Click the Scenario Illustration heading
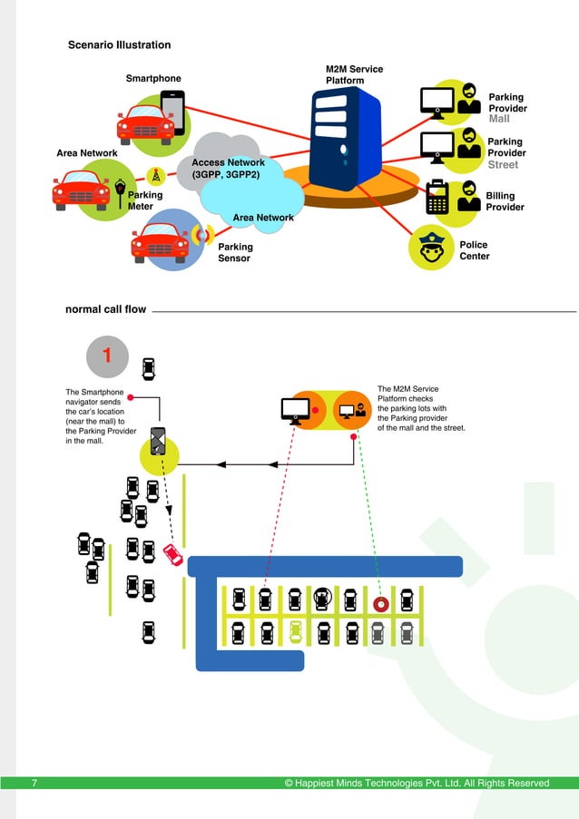(x=119, y=44)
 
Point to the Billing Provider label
(x=505, y=201)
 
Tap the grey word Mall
(x=499, y=119)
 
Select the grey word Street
(x=503, y=165)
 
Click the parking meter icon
(x=120, y=191)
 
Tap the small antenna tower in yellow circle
(x=156, y=175)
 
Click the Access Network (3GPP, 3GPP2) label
(x=227, y=169)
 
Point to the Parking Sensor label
(x=235, y=252)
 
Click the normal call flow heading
(x=105, y=309)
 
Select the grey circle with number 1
(x=107, y=356)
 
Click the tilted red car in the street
(x=172, y=554)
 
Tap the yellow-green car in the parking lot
(x=295, y=631)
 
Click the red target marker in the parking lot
(x=381, y=602)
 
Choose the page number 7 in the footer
(x=34, y=783)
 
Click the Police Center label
(x=474, y=250)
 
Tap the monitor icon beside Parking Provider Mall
(x=437, y=101)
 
